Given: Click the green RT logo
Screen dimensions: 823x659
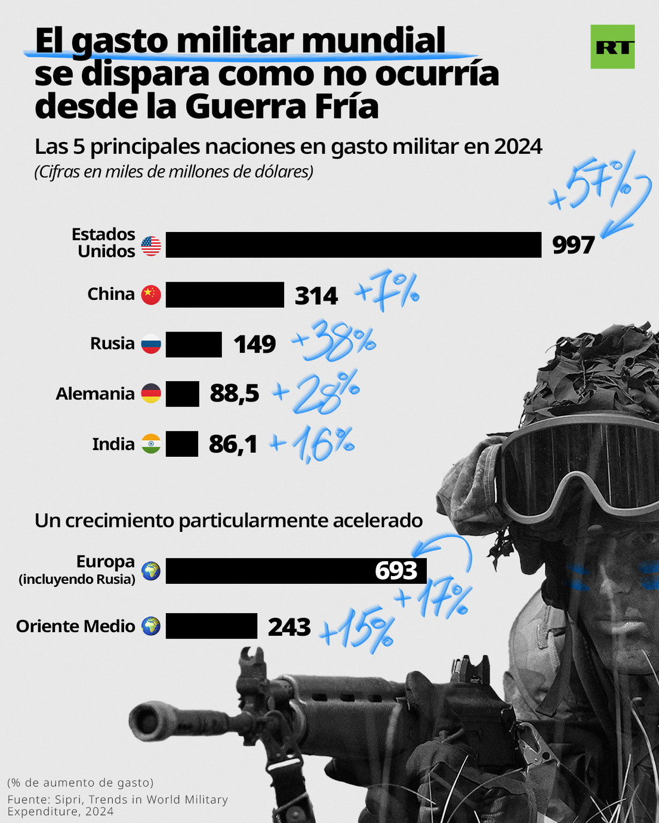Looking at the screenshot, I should pyautogui.click(x=612, y=47).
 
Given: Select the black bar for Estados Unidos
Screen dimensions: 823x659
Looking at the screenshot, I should pyautogui.click(x=353, y=245).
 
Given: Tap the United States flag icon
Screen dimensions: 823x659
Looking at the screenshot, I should pyautogui.click(x=151, y=246).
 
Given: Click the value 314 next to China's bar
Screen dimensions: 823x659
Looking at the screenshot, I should pyautogui.click(x=316, y=296).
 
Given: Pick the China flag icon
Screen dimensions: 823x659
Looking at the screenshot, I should pyautogui.click(x=151, y=295).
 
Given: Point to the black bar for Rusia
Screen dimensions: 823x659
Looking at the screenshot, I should pyautogui.click(x=193, y=345).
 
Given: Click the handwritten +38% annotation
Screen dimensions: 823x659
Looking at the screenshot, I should pyautogui.click(x=334, y=341).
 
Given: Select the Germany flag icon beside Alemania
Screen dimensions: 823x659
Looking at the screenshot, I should pyautogui.click(x=151, y=394).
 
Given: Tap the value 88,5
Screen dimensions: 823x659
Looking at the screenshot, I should pyautogui.click(x=235, y=394).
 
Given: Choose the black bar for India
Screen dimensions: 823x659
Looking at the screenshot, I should pyautogui.click(x=181, y=444).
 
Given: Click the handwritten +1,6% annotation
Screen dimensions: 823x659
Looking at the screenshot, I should pyautogui.click(x=313, y=444).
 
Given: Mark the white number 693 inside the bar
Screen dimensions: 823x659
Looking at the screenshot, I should pyautogui.click(x=396, y=571).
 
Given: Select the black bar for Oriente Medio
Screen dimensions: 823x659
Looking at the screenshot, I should pyautogui.click(x=211, y=626).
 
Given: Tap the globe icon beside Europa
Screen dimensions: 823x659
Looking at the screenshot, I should pyautogui.click(x=151, y=571).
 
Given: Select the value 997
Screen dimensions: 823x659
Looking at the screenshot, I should pyautogui.click(x=573, y=245).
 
